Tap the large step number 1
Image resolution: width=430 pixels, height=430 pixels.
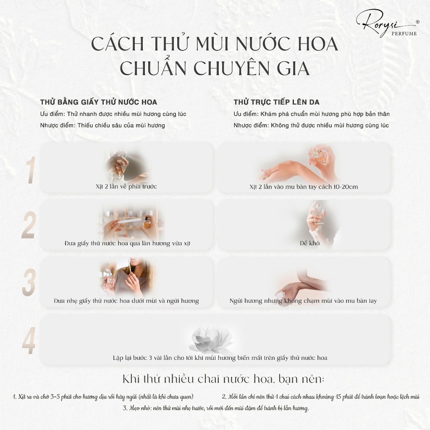[30, 170]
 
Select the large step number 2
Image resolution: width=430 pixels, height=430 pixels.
[28, 225]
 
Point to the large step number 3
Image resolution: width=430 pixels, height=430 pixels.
[29, 282]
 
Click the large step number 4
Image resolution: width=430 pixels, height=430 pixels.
[29, 340]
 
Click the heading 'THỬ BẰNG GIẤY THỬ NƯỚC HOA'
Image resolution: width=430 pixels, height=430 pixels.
[98, 102]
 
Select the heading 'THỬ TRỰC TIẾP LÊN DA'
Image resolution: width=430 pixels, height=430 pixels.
[276, 102]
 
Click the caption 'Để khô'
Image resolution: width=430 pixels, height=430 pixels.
[309, 243]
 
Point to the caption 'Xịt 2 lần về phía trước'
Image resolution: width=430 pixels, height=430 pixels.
[126, 186]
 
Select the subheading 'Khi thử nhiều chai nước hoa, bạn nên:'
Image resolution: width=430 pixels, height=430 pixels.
[223, 379]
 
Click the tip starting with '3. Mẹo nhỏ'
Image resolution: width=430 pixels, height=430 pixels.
[216, 408]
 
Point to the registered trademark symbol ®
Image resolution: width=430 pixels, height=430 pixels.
[417, 22]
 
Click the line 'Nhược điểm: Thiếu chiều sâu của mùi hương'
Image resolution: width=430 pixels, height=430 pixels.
[102, 126]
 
